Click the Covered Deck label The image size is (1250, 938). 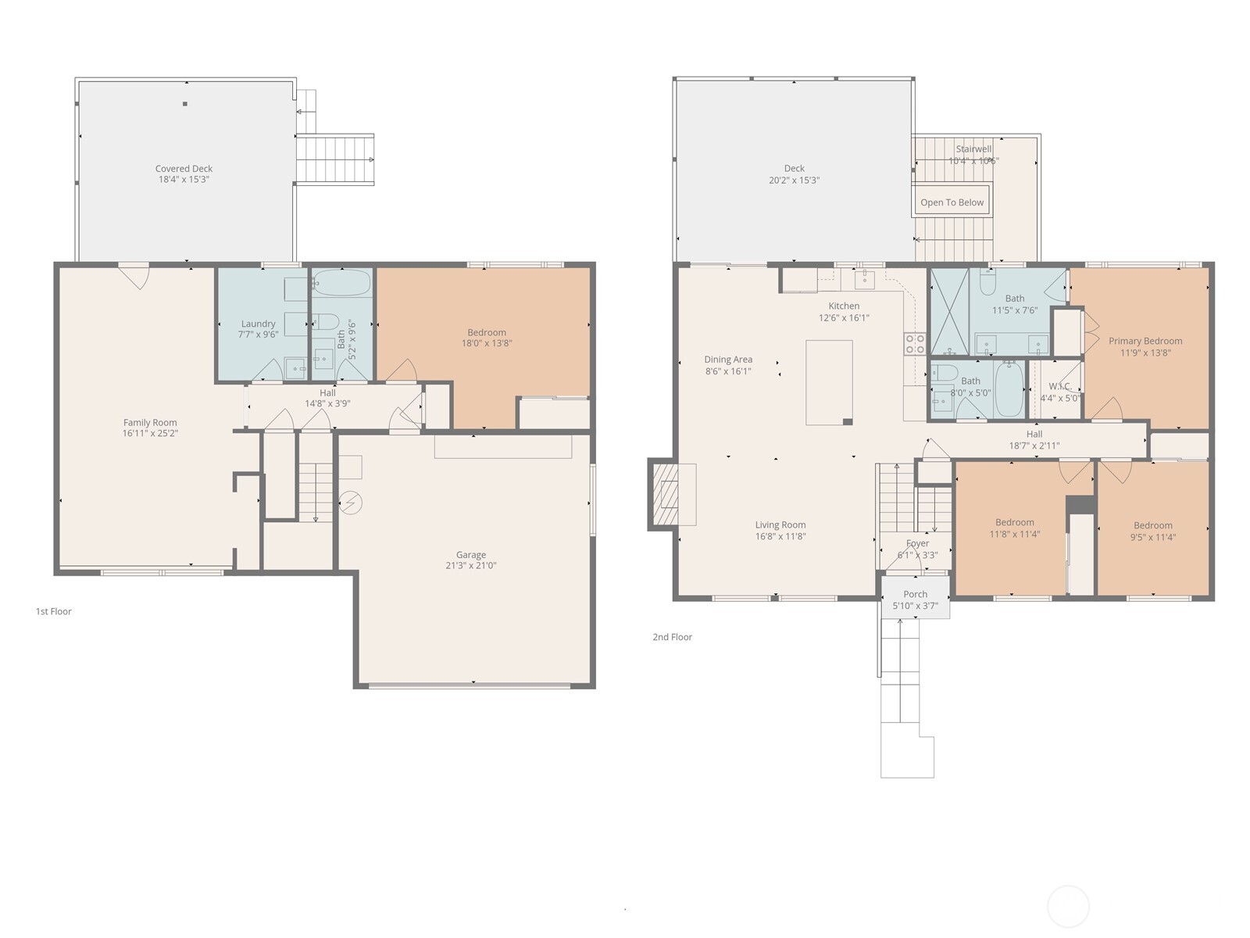click(x=184, y=168)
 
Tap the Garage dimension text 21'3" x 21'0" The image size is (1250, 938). click(x=471, y=565)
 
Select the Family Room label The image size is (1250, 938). click(x=150, y=422)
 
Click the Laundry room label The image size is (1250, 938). click(x=258, y=324)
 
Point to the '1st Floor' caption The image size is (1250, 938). click(x=53, y=611)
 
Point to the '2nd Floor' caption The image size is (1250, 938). click(x=672, y=637)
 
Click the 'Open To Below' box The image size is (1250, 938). click(x=952, y=202)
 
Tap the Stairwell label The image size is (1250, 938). click(x=973, y=149)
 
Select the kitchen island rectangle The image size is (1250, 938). click(x=829, y=381)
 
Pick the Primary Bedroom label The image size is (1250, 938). click(x=1145, y=341)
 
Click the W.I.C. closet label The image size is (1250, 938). click(x=1059, y=386)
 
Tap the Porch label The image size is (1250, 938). click(x=915, y=594)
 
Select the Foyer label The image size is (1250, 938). click(x=917, y=543)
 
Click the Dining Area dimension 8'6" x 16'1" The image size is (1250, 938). click(x=728, y=371)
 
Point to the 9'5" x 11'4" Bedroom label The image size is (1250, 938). click(x=1153, y=525)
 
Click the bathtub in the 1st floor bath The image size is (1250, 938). click(x=342, y=282)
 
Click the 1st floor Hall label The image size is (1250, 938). click(x=327, y=392)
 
